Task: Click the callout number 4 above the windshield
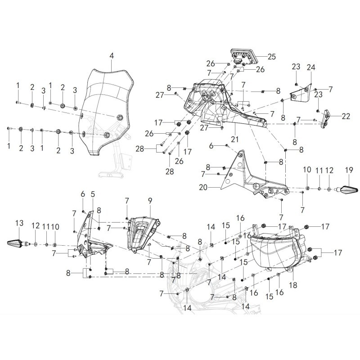[x=112, y=56]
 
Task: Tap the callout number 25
[x=272, y=57]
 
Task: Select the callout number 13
[x=19, y=223]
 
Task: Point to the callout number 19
[x=349, y=171]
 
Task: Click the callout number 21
[x=234, y=139]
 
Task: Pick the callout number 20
[x=203, y=188]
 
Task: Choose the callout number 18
[x=293, y=285]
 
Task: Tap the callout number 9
[x=150, y=201]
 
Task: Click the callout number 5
[x=93, y=194]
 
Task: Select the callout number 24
[x=311, y=67]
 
